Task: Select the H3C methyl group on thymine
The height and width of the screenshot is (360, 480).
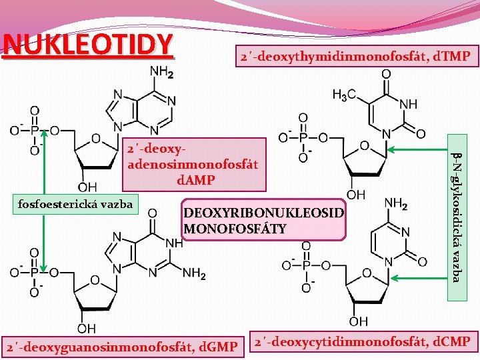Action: (x=344, y=95)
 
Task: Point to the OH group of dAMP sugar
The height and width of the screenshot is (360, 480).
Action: (x=87, y=187)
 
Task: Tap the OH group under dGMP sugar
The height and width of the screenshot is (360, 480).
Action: (x=87, y=328)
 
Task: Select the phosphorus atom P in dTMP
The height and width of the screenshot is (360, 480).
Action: (x=304, y=138)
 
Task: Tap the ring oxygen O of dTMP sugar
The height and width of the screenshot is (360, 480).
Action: (x=364, y=145)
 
